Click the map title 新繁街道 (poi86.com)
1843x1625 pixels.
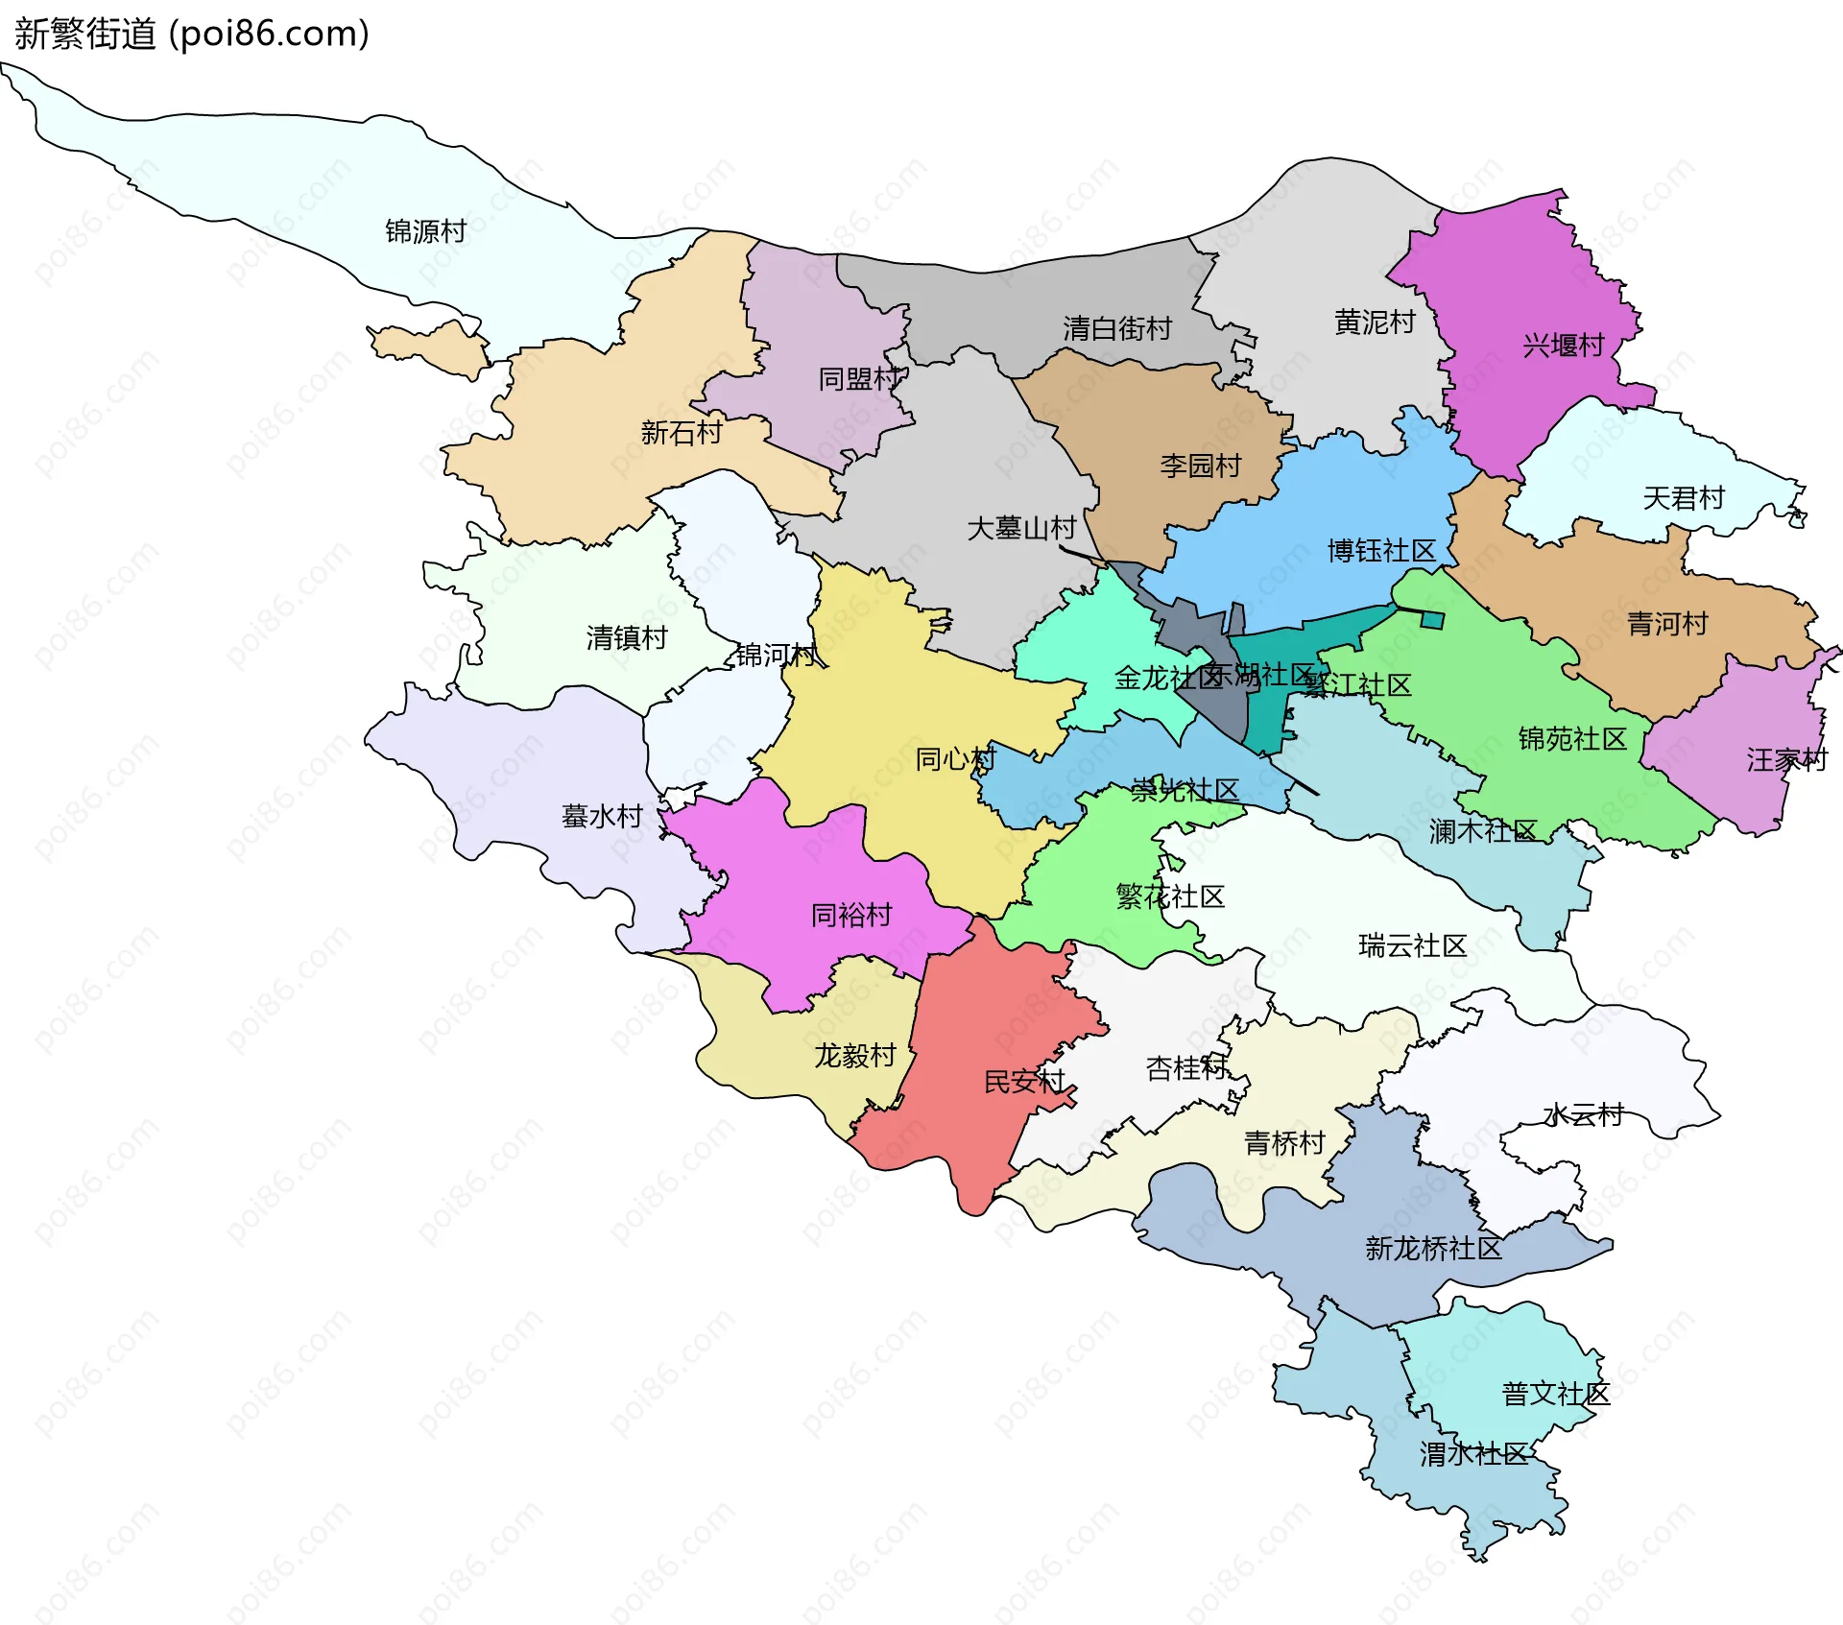click(x=192, y=34)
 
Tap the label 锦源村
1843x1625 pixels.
click(x=425, y=231)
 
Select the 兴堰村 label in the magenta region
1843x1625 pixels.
click(x=1563, y=346)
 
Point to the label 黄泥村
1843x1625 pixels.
click(x=1375, y=323)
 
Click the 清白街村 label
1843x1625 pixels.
click(x=1116, y=329)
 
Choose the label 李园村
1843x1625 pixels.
click(x=1200, y=466)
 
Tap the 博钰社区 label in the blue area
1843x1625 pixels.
click(x=1381, y=551)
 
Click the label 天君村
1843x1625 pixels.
click(x=1684, y=498)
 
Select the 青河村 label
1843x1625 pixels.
click(x=1667, y=624)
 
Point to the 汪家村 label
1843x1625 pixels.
click(x=1786, y=760)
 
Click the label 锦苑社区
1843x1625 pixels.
click(x=1572, y=739)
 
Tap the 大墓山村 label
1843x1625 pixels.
click(x=1020, y=528)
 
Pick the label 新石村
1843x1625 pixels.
click(x=681, y=433)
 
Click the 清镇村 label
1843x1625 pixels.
click(x=626, y=637)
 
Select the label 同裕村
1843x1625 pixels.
click(x=850, y=915)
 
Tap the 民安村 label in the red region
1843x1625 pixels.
click(x=1023, y=1082)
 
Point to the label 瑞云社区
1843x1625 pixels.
click(x=1412, y=946)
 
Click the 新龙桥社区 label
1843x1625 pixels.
click(x=1432, y=1249)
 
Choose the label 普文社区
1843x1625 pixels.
click(x=1555, y=1394)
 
